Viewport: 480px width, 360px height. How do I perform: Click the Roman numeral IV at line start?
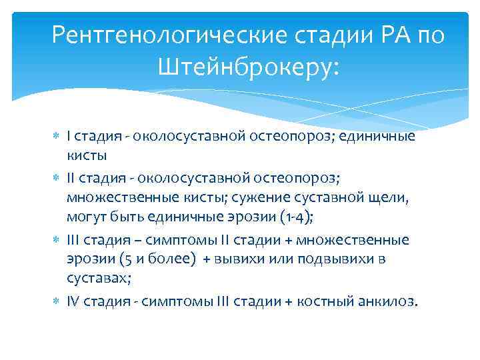(x=73, y=301)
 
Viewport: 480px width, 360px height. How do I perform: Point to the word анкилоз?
(x=390, y=301)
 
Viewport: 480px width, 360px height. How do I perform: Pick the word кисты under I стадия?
(x=87, y=155)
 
